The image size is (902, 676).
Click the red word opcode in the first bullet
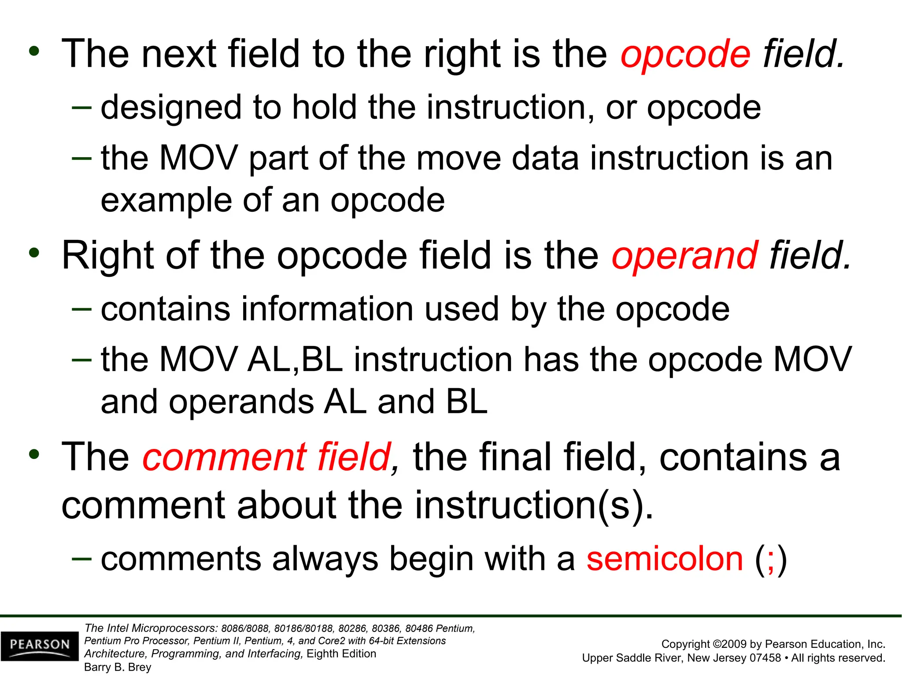point(685,55)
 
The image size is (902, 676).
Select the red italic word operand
point(684,256)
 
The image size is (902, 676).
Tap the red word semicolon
point(665,559)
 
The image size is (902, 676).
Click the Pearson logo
point(40,645)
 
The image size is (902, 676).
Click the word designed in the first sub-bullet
point(171,108)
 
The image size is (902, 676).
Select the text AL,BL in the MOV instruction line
point(295,360)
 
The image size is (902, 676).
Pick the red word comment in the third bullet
point(224,458)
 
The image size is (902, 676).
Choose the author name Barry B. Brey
point(118,667)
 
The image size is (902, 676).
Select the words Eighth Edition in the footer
point(341,654)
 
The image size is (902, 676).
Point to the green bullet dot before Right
point(34,253)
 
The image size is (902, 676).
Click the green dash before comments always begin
point(81,558)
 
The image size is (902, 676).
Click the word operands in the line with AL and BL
point(240,402)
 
